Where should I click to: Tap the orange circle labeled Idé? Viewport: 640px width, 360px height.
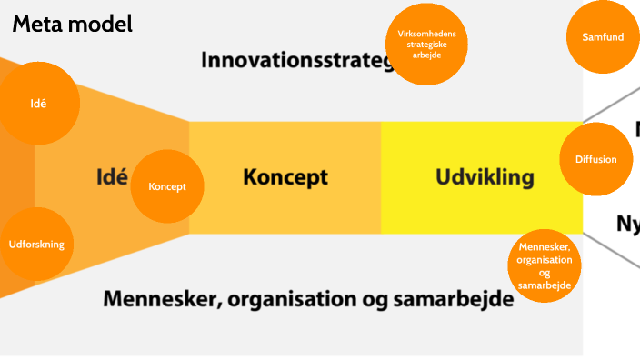pyautogui.click(x=37, y=104)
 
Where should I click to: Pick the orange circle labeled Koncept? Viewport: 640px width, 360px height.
pyautogui.click(x=167, y=186)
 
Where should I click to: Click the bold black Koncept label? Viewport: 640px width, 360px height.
pyautogui.click(x=285, y=177)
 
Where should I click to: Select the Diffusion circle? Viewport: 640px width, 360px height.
pyautogui.click(x=596, y=159)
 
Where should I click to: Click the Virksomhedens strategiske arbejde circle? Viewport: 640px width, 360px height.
pyautogui.click(x=427, y=45)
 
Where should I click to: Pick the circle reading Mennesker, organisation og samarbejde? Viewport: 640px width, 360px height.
pyautogui.click(x=545, y=265)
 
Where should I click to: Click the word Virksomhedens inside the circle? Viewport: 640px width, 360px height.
pyautogui.click(x=427, y=33)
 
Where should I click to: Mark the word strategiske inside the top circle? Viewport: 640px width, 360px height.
pyautogui.click(x=427, y=44)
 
